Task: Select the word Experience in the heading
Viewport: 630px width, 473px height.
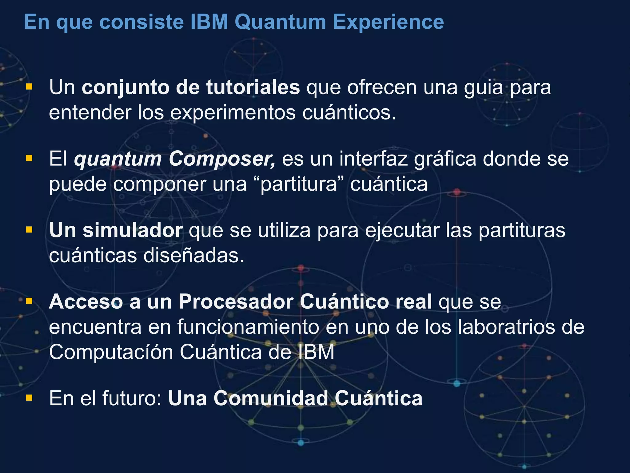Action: point(388,22)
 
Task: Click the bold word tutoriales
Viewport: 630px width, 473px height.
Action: point(253,87)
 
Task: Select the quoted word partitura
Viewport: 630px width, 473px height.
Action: point(298,184)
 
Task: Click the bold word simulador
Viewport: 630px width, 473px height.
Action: point(133,230)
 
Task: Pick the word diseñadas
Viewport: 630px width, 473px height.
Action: point(193,256)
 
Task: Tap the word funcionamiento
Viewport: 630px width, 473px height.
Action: point(248,327)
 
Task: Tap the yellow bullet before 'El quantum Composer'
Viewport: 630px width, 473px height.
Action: point(29,159)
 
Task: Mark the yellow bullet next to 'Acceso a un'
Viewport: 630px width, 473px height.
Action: point(29,301)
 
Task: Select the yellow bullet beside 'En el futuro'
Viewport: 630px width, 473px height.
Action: point(29,398)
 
